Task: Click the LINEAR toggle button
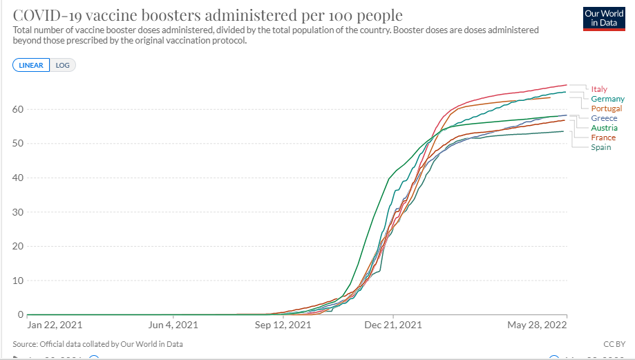[30, 66]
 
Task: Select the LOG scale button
[63, 66]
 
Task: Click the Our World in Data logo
[598, 19]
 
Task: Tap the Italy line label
[599, 89]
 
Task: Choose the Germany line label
[607, 99]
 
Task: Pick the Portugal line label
[606, 108]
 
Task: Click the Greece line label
[604, 118]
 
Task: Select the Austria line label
[604, 128]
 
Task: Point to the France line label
[603, 138]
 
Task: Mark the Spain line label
[601, 147]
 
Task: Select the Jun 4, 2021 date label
[173, 325]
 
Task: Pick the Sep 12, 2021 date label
[283, 325]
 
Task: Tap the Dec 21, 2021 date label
[392, 325]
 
